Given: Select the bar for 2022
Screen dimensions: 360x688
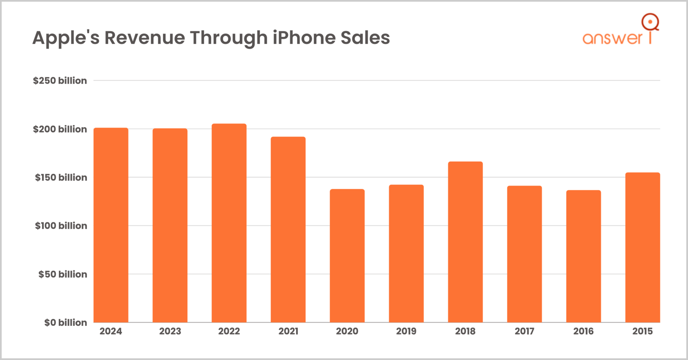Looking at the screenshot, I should click(229, 223).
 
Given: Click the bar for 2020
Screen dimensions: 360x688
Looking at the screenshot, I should click(347, 255).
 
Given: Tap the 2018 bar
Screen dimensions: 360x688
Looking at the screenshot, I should click(465, 242).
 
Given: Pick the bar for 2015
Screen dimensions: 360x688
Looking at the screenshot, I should click(642, 247).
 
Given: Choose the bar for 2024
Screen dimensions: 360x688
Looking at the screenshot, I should click(111, 225).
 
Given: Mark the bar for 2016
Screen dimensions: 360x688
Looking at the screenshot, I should click(584, 256).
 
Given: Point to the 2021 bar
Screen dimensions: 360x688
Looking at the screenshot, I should click(288, 230).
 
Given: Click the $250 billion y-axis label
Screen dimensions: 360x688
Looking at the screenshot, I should click(60, 81).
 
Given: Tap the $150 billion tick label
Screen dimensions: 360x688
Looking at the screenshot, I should click(61, 177).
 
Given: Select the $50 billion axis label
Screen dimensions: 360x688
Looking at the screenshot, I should click(62, 274).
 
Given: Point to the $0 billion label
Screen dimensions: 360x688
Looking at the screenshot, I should click(66, 323).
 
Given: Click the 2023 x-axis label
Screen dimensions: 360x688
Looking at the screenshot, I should click(170, 331).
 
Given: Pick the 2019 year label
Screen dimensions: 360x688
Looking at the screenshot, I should click(406, 331).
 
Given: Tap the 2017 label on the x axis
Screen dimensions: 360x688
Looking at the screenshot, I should click(524, 331).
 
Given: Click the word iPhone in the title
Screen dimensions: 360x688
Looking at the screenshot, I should click(304, 38).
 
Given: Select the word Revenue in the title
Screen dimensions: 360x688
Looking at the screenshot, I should click(144, 38).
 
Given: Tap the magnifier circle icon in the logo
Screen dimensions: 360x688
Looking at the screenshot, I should click(650, 22).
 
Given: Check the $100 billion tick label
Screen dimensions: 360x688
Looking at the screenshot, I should click(61, 226).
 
